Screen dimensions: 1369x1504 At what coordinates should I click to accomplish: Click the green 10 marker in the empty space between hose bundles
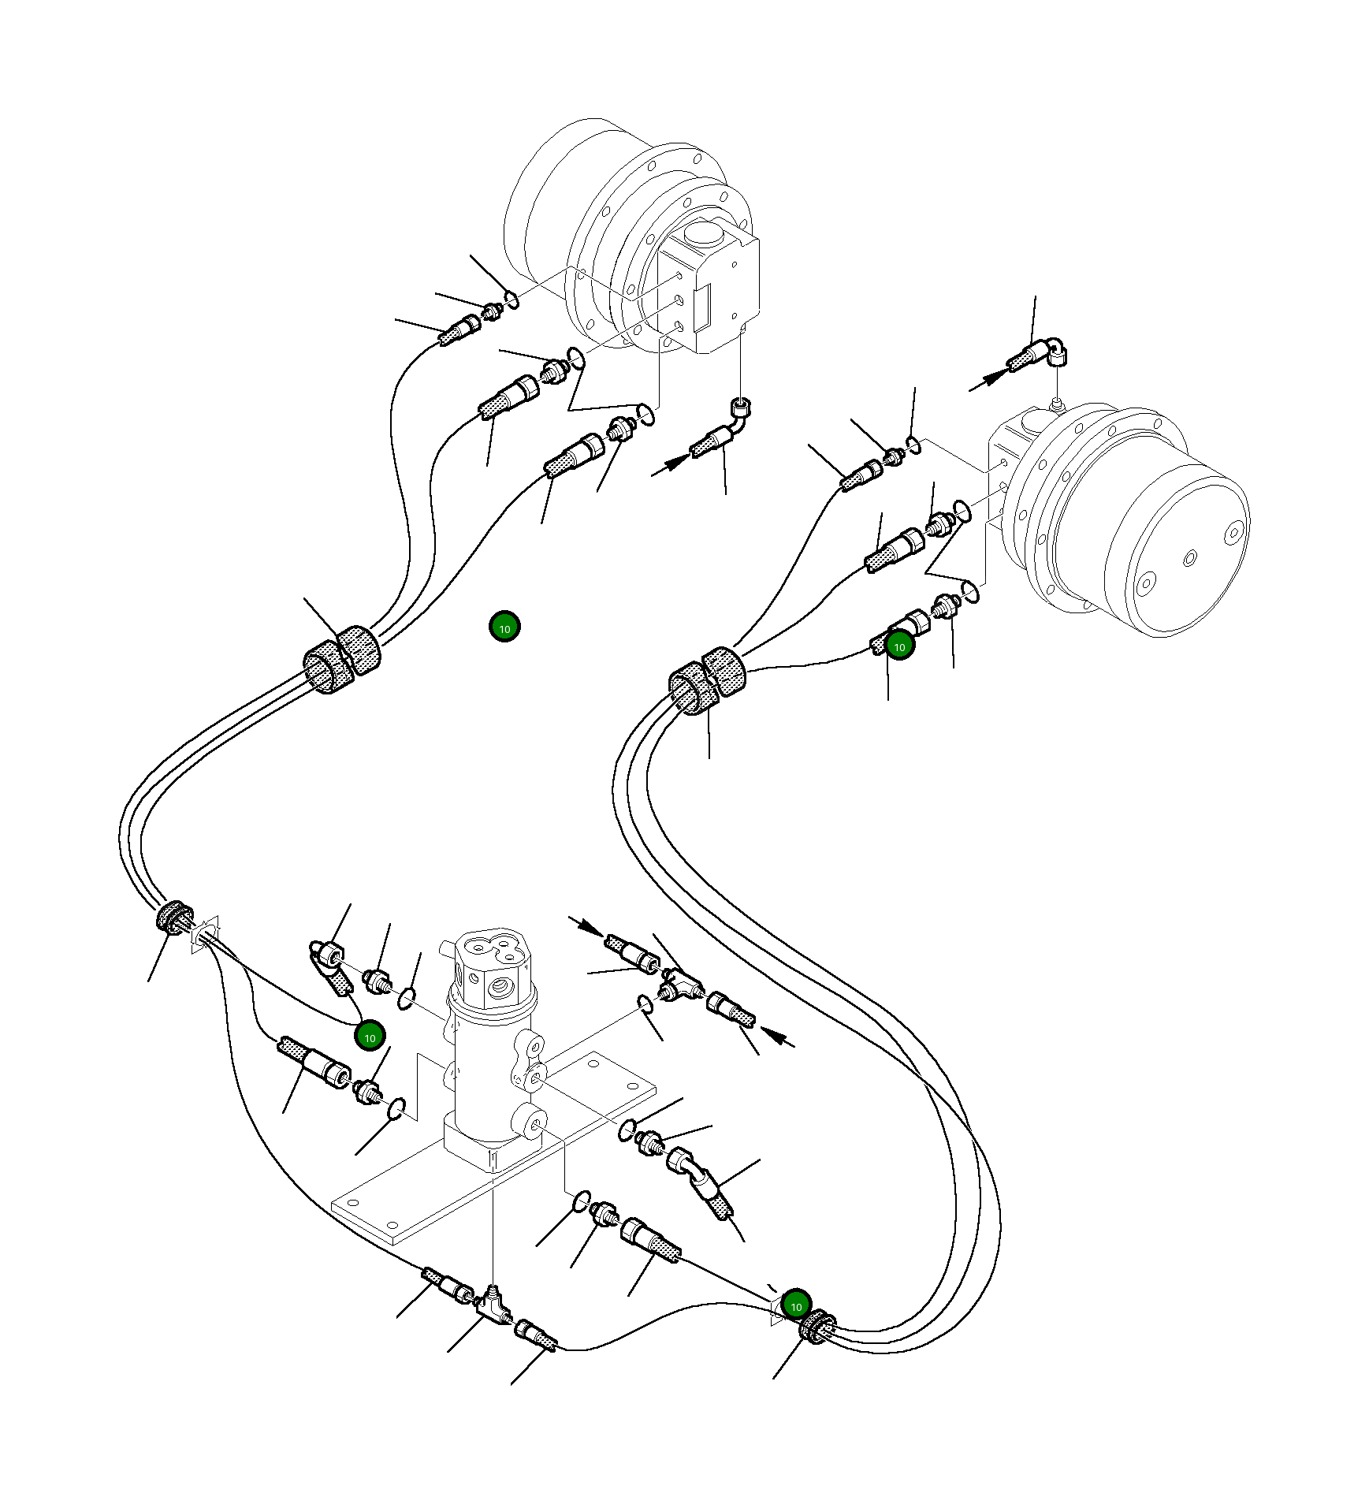point(504,627)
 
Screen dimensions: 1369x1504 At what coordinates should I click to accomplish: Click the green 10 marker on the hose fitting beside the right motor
point(899,646)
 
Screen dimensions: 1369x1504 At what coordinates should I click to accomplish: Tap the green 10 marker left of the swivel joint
point(370,1037)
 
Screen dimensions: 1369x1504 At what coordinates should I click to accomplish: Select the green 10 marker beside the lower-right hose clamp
point(796,1306)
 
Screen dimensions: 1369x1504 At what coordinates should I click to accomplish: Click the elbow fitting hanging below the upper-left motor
point(738,415)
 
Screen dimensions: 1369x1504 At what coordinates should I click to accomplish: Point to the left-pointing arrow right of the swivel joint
point(779,1038)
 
